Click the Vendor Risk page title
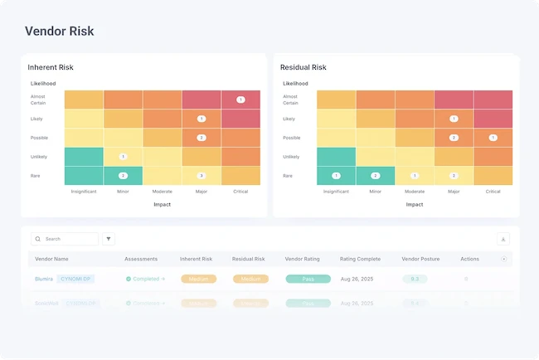point(59,32)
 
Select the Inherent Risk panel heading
point(51,67)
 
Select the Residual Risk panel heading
point(303,67)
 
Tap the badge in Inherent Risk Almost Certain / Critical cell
point(240,100)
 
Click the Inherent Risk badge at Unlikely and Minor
point(123,156)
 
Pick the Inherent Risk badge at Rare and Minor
point(123,176)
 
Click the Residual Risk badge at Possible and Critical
point(493,138)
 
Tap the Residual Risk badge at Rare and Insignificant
point(336,176)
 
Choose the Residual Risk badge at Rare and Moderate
point(415,176)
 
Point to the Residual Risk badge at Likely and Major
point(454,119)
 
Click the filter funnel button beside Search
point(109,239)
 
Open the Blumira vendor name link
point(44,280)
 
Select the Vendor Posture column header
point(420,259)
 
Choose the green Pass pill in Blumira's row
point(308,280)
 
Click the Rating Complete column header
point(361,259)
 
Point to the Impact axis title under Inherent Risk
point(162,204)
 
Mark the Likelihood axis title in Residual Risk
point(295,84)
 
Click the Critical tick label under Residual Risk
point(493,192)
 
